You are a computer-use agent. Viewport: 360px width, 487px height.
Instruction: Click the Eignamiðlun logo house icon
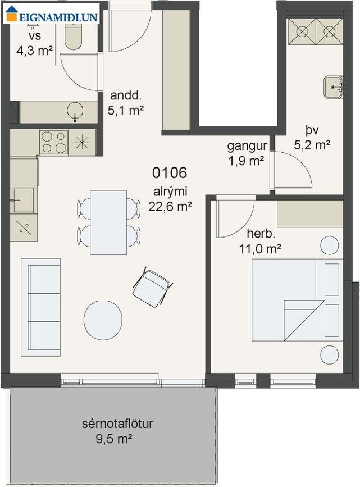coord(12,13)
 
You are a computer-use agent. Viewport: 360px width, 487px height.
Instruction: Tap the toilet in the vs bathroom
coord(74,37)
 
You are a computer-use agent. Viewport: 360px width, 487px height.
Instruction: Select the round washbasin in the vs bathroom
coord(75,111)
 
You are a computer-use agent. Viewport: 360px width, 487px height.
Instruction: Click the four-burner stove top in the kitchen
coord(54,143)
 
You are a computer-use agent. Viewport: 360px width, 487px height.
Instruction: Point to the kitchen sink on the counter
coord(22,200)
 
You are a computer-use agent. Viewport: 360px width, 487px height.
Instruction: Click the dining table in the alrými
coord(108,222)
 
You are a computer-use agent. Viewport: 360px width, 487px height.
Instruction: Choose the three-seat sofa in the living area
coord(40,307)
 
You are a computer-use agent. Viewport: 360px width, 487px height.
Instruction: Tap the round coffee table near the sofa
coord(103,320)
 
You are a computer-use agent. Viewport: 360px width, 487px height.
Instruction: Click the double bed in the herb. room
coord(297,300)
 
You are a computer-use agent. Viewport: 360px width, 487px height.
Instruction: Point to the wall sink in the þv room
coord(333,87)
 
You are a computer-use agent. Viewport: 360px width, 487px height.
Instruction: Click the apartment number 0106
coord(170,173)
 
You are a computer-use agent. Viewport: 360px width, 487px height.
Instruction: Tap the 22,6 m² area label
coord(170,206)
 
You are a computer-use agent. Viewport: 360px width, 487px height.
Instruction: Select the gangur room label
coord(247,146)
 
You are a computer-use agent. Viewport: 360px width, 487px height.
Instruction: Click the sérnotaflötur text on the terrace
coord(118,424)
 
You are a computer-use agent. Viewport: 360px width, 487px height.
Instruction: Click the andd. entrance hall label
coord(126,95)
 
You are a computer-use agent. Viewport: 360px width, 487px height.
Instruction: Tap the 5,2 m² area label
coord(312,145)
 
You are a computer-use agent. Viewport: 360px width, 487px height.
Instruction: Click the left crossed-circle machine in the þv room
coord(302,31)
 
